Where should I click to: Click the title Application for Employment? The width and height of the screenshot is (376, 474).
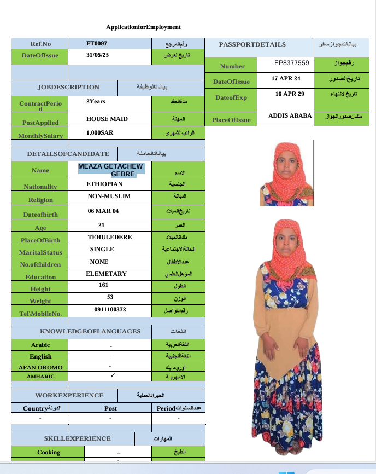(x=143, y=27)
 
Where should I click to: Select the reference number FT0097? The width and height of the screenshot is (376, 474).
(x=97, y=43)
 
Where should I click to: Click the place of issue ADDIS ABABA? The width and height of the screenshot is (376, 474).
(x=290, y=115)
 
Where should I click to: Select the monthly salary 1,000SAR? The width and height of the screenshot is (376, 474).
(x=99, y=132)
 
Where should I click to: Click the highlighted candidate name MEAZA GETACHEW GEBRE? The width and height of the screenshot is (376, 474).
(x=111, y=170)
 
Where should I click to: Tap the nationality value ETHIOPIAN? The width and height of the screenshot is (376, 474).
(x=104, y=184)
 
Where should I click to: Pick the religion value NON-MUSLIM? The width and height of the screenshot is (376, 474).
(x=109, y=196)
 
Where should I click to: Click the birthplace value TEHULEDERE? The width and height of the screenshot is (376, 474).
(x=107, y=238)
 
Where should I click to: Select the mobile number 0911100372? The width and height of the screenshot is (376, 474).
(x=110, y=310)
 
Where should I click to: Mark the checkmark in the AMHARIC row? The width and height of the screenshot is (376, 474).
(x=111, y=375)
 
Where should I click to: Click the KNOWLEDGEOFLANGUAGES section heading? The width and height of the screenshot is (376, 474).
(x=90, y=331)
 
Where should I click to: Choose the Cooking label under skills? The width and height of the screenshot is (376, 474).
(x=49, y=452)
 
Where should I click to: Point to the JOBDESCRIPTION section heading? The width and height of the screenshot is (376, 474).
(x=68, y=87)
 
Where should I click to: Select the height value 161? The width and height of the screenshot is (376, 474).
(x=104, y=285)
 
